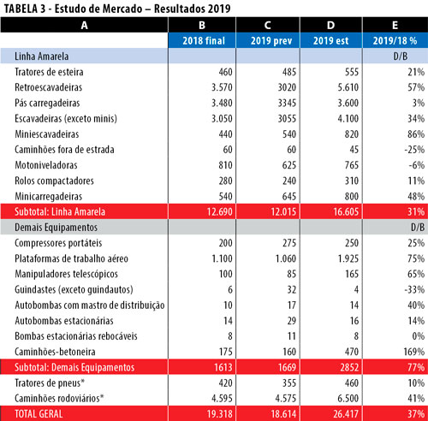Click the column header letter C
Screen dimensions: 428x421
coord(267,25)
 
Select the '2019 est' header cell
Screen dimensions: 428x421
coord(331,40)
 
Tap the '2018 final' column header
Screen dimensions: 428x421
coord(204,40)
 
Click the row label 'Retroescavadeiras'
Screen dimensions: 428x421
coord(49,87)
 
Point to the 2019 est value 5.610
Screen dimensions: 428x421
coord(348,87)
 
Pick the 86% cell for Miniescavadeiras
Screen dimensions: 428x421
coord(416,134)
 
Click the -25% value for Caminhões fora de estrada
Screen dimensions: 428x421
coord(414,150)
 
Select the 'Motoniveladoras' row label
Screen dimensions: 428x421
coord(46,165)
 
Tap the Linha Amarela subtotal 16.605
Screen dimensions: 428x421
coord(346,211)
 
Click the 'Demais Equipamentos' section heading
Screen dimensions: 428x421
coord(56,228)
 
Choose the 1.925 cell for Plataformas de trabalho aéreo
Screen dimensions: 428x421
coord(348,258)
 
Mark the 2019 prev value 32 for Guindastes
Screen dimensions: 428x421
coord(292,289)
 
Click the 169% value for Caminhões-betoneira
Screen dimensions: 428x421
coord(414,352)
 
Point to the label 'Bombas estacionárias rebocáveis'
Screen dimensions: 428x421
coord(76,336)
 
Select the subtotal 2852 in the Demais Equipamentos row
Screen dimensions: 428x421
coord(349,367)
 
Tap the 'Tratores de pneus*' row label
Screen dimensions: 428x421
coord(50,382)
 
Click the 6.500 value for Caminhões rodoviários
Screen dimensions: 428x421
coord(348,398)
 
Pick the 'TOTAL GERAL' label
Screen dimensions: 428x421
coord(39,414)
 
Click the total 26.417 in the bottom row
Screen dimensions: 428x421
coord(346,414)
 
